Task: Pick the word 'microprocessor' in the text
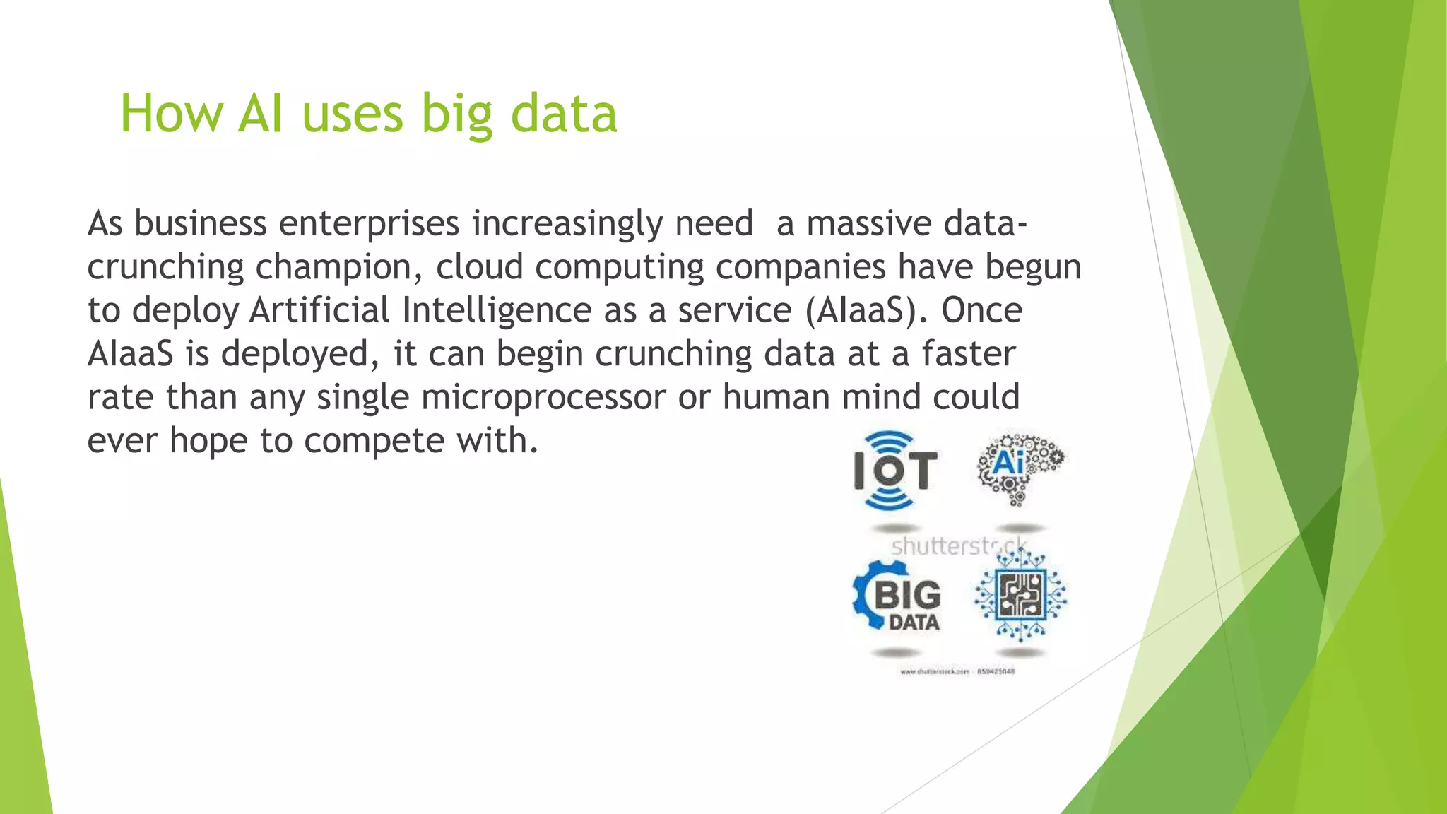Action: click(x=543, y=397)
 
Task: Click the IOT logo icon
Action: click(x=894, y=470)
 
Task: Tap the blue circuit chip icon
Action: click(x=1020, y=596)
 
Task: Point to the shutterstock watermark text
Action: click(x=957, y=546)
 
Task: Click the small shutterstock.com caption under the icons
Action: click(x=957, y=671)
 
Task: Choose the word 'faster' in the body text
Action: click(x=968, y=353)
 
